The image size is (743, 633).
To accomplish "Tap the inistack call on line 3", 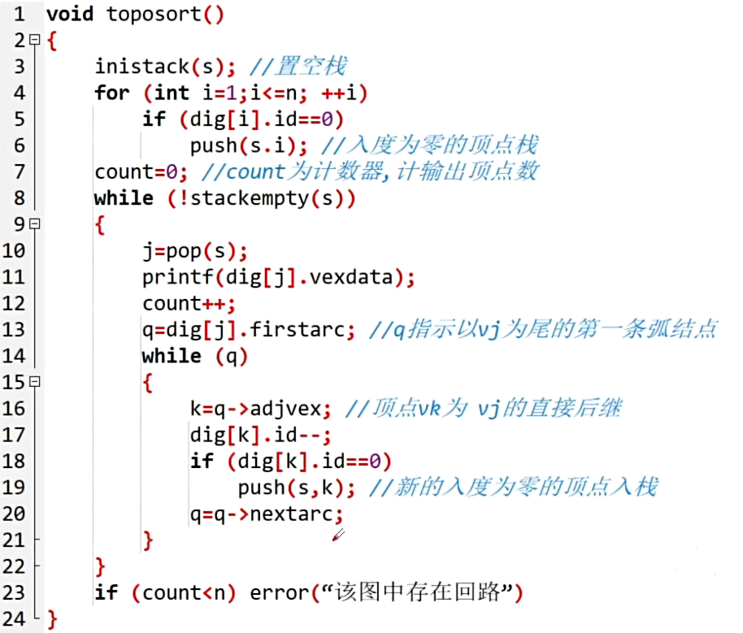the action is [x=141, y=67].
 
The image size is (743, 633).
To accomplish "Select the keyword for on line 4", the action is [x=111, y=93].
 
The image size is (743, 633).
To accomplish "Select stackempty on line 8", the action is [x=243, y=198].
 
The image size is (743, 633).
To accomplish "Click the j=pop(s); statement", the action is [x=195, y=250].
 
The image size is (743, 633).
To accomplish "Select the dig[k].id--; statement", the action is [x=261, y=435].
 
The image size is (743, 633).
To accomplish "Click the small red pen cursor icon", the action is [x=338, y=535].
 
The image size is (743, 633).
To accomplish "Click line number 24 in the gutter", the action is [x=14, y=619].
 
